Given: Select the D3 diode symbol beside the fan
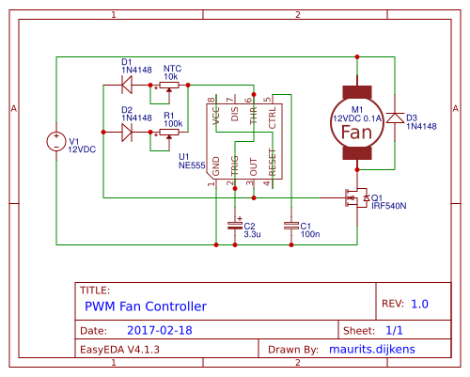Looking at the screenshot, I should [395, 118].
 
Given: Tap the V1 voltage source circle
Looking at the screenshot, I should [56, 143].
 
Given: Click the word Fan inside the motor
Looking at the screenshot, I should [357, 132].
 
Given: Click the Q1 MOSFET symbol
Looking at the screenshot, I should [355, 198].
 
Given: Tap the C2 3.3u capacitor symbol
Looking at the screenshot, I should [234, 225].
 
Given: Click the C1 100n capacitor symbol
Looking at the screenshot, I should [290, 225].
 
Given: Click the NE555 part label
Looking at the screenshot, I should [192, 165].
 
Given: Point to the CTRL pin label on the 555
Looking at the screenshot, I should [272, 117].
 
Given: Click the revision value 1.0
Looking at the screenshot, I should [418, 304].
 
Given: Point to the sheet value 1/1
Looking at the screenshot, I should [394, 331].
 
